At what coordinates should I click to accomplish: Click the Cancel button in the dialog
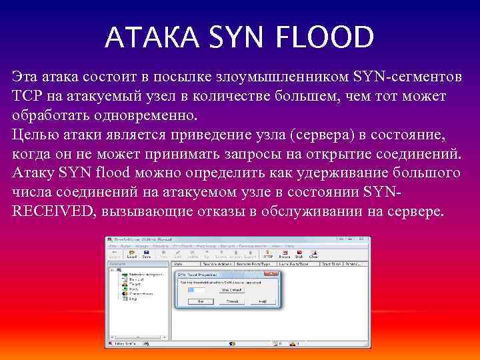click(231, 301)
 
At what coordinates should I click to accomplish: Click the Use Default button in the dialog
click(232, 289)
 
